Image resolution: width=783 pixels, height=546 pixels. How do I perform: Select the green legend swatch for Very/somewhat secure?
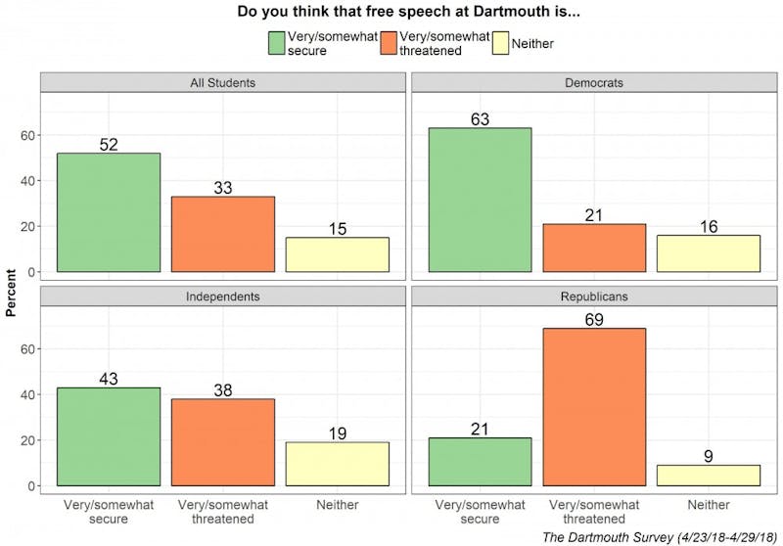[x=279, y=44]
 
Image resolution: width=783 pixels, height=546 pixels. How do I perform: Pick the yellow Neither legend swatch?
[x=500, y=44]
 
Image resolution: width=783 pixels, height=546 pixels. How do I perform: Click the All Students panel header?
[x=222, y=82]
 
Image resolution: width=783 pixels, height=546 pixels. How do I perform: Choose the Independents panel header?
[x=222, y=296]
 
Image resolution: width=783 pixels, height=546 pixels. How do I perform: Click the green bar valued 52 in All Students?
[x=109, y=212]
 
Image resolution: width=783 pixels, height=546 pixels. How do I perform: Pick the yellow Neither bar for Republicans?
[x=708, y=476]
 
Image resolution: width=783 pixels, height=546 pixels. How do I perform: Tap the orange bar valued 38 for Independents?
[x=222, y=442]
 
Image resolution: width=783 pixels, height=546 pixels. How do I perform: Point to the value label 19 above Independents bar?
[x=337, y=432]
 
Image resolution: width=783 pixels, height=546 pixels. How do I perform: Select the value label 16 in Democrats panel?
[x=708, y=225]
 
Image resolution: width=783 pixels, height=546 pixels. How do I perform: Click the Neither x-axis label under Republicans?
[x=708, y=505]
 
